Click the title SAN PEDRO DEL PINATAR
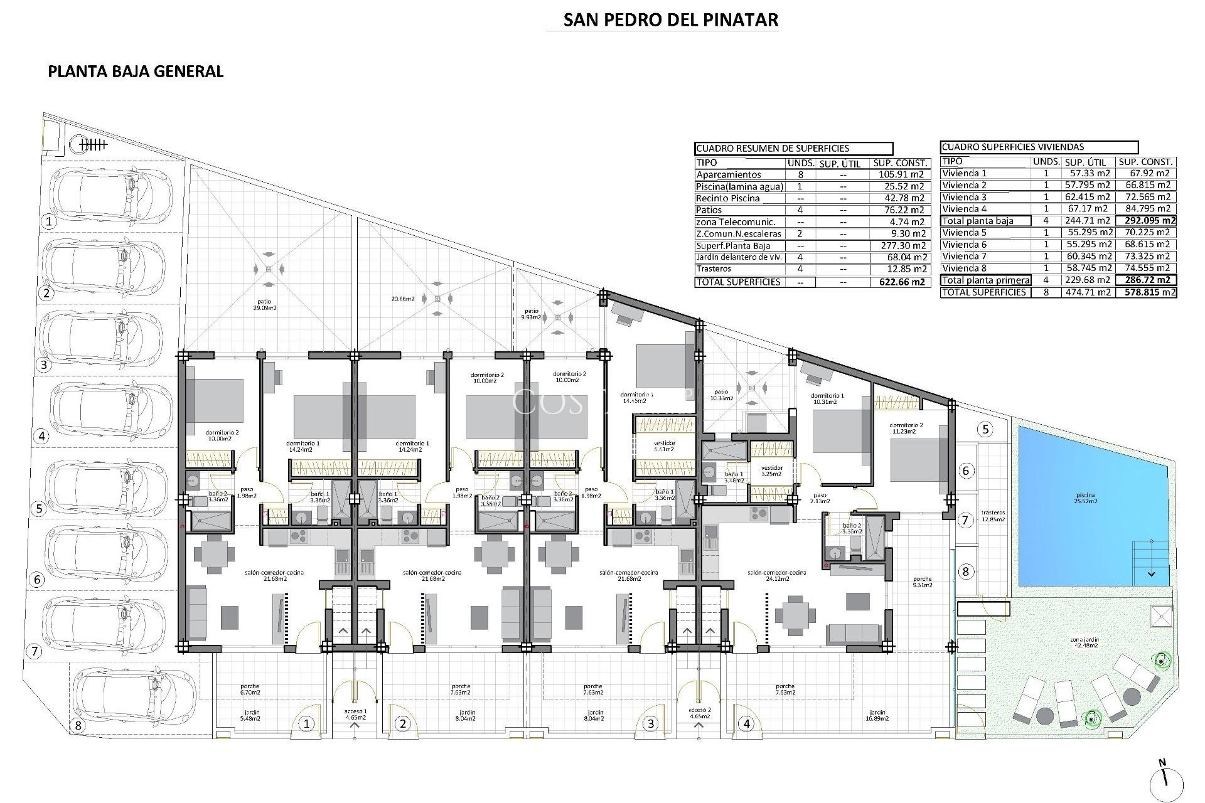pos(670,20)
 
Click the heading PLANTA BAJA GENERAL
pos(136,72)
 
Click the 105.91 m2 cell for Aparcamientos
pos(901,175)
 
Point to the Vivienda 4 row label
pos(965,209)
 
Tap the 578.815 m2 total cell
pos(1147,292)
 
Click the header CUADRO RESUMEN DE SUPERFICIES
pos(773,149)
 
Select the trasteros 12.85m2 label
pos(993,516)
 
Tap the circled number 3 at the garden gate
pos(651,724)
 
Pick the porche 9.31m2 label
pos(923,582)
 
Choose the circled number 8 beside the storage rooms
pos(966,572)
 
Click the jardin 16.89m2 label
pos(877,716)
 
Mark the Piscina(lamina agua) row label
pos(739,187)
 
